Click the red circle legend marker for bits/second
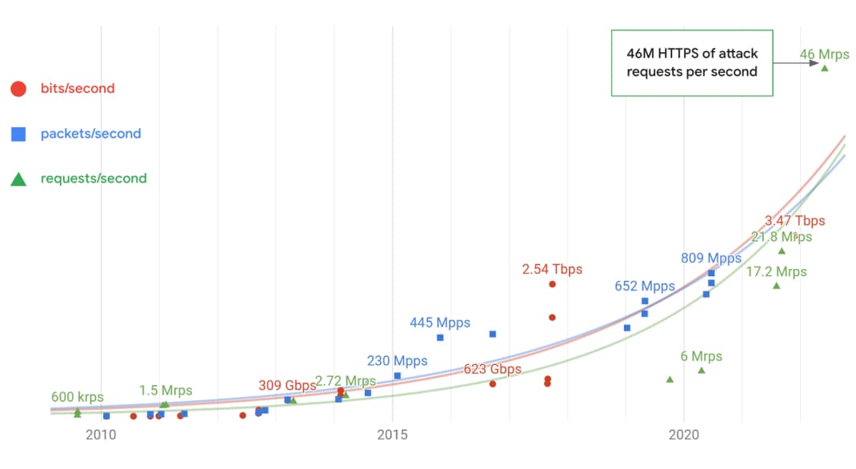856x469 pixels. (18, 89)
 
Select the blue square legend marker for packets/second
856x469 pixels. (18, 134)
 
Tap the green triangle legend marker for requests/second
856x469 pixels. (18, 178)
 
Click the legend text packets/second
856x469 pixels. (90, 134)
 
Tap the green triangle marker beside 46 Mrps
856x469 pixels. (825, 68)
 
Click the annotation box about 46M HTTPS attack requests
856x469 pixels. (692, 62)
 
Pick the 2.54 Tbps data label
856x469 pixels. (552, 270)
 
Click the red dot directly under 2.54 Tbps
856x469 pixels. (552, 284)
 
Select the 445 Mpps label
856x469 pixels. (440, 323)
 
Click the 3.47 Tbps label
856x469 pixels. (794, 221)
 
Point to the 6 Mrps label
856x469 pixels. (701, 356)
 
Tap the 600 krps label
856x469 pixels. (77, 396)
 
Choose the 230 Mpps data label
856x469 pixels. (397, 361)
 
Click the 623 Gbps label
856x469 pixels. (493, 369)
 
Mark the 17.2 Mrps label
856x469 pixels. (776, 272)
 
